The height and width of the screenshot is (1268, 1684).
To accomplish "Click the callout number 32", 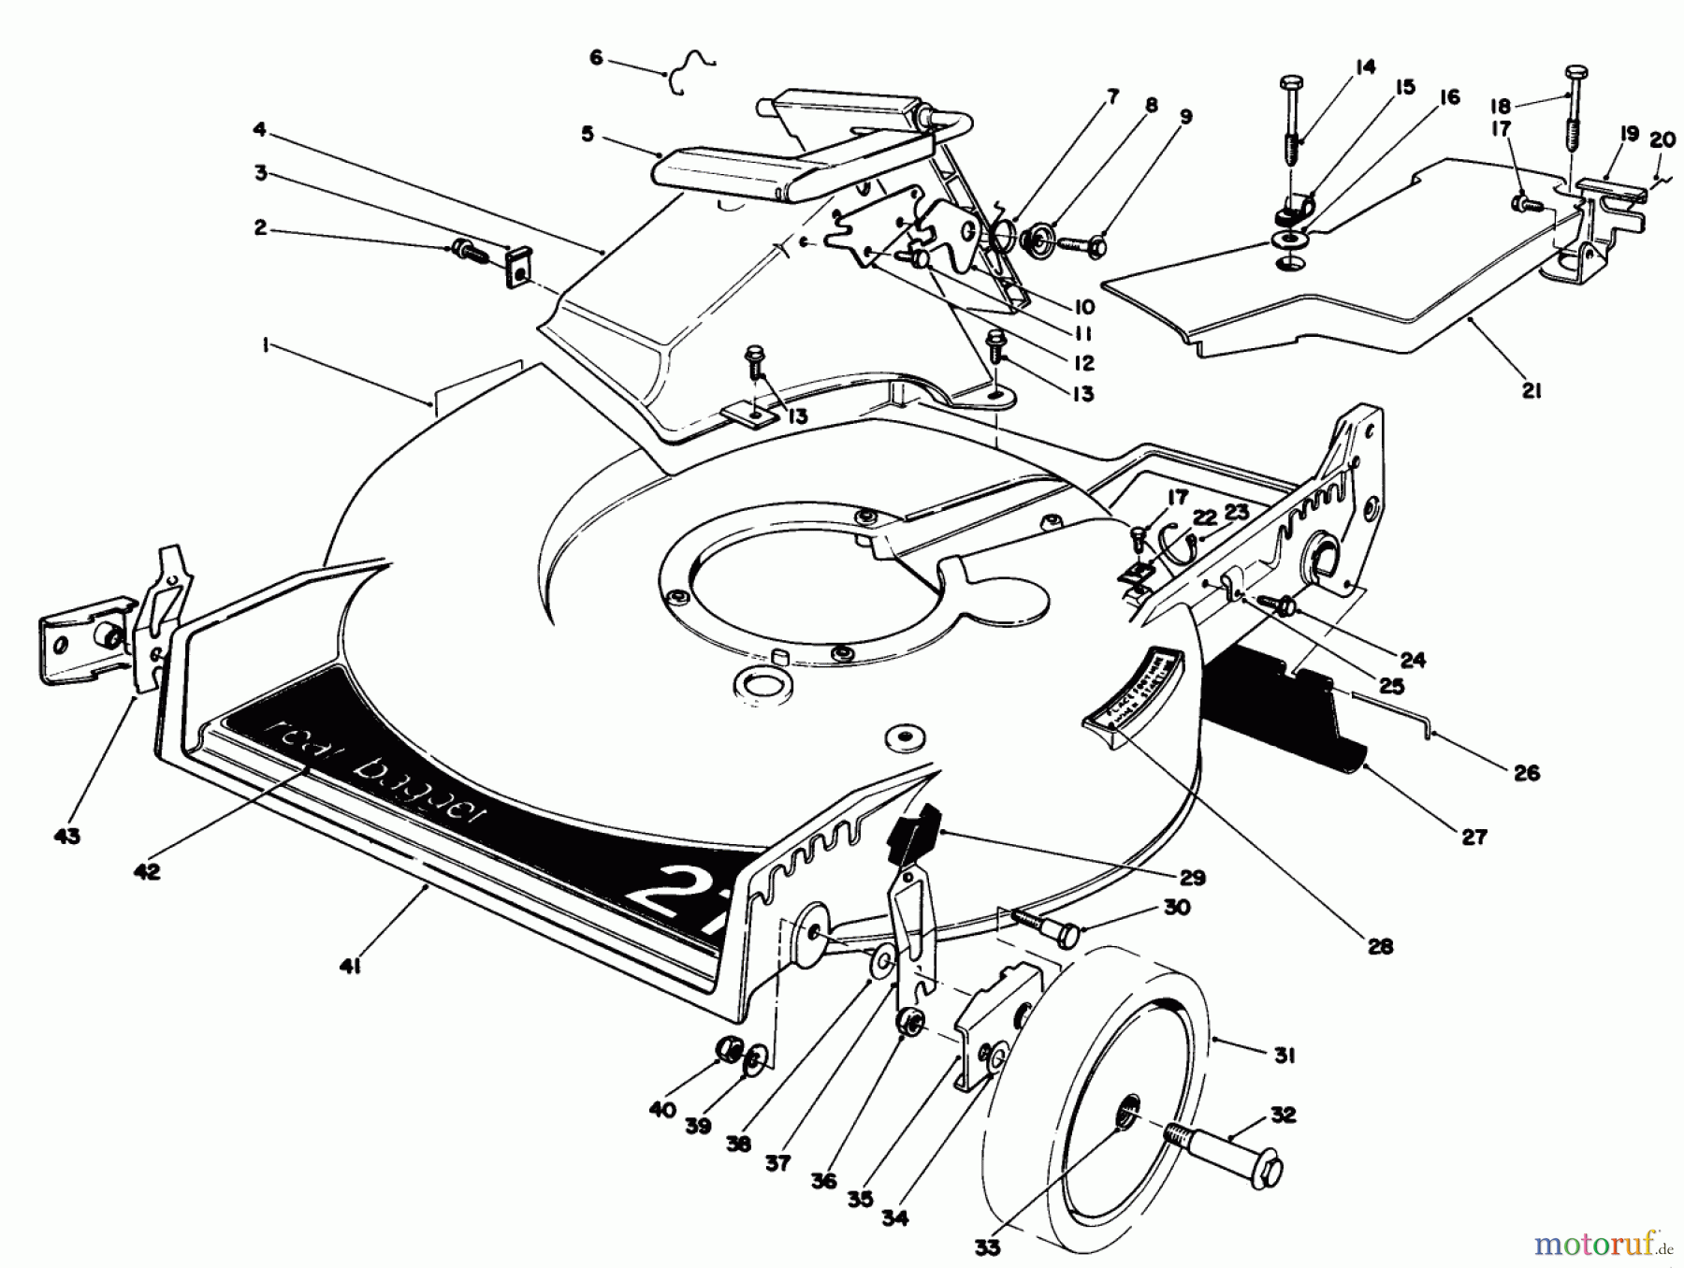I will tap(1283, 1114).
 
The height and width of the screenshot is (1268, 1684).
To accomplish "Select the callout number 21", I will tap(1530, 391).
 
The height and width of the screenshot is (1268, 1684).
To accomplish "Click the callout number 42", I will tap(147, 870).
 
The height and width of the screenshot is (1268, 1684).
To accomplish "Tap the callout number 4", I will tap(259, 128).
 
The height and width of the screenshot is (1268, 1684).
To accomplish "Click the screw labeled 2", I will tap(466, 249).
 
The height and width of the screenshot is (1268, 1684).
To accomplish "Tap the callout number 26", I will tap(1526, 772).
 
